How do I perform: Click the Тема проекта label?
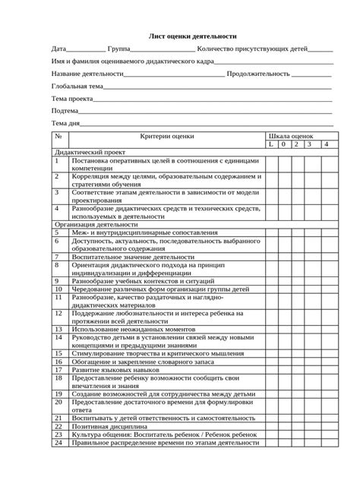coord(72,99)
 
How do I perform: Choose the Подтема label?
coord(65,111)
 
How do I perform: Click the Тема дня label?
coord(66,123)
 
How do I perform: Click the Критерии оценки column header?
coord(188,136)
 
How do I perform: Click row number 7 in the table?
coord(57,257)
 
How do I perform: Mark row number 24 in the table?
coord(58,444)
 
